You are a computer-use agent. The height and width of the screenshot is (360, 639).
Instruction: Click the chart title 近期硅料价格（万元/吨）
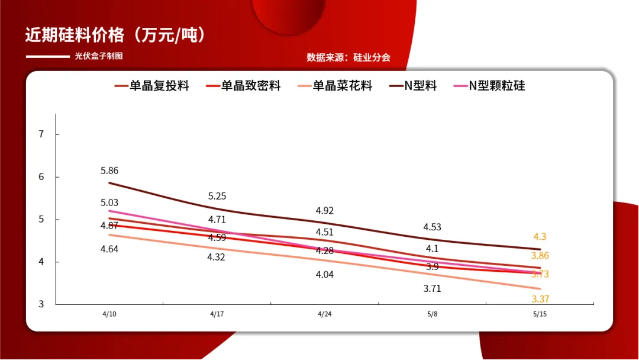pyautogui.click(x=115, y=35)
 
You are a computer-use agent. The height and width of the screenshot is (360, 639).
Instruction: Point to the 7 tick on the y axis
pyautogui.click(x=41, y=134)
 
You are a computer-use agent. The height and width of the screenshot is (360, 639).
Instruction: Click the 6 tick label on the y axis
pyautogui.click(x=41, y=177)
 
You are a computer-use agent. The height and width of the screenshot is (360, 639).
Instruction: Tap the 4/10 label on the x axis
pyautogui.click(x=109, y=314)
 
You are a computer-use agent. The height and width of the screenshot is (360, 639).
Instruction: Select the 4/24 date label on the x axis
pyautogui.click(x=325, y=314)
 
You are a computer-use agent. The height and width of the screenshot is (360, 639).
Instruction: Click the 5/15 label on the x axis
pyautogui.click(x=540, y=314)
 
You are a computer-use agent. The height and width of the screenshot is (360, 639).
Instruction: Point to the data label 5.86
pyautogui.click(x=109, y=171)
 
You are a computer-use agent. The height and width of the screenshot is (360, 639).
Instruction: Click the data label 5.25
pyautogui.click(x=217, y=196)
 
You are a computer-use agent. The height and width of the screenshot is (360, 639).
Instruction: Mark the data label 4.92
pyautogui.click(x=325, y=210)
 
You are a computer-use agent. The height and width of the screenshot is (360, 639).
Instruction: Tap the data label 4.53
pyautogui.click(x=432, y=227)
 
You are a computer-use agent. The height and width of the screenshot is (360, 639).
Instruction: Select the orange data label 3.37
pyautogui.click(x=540, y=299)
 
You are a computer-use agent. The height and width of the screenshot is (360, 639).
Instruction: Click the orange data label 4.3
pyautogui.click(x=540, y=236)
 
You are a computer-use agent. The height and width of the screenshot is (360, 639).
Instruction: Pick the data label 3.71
pyautogui.click(x=432, y=289)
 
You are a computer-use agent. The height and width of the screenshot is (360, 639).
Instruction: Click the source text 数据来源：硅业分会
pyautogui.click(x=348, y=57)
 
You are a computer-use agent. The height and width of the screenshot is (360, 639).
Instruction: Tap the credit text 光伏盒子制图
pyautogui.click(x=99, y=56)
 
